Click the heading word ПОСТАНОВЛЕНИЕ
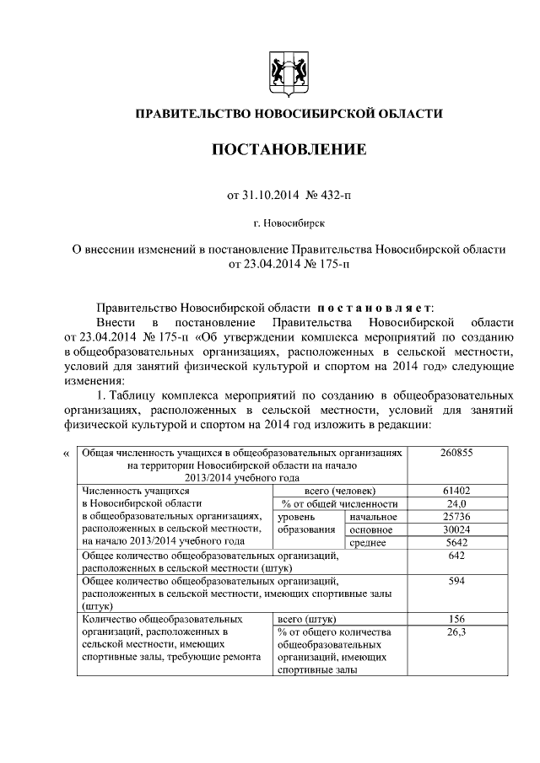point(289,150)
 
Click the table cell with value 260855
point(456,453)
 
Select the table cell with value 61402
point(456,491)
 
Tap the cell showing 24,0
point(456,503)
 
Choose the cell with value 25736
point(456,516)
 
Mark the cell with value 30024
point(456,529)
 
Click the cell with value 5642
point(456,542)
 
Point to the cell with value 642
point(456,556)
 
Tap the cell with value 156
point(456,619)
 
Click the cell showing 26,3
point(456,631)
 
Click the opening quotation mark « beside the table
point(67,454)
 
